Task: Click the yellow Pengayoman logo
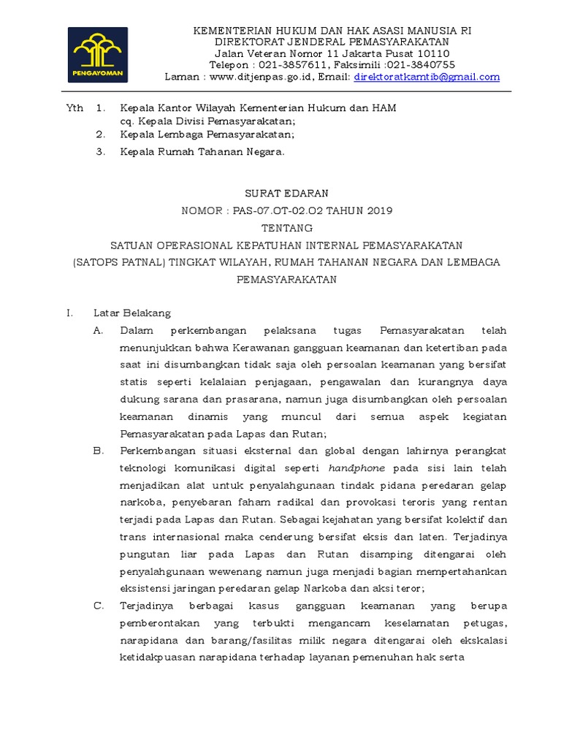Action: (98, 54)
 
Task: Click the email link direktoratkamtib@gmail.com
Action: (427, 76)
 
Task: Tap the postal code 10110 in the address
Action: (434, 54)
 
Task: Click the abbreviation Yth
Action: (75, 108)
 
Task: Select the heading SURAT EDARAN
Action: (286, 193)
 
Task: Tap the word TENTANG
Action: (286, 228)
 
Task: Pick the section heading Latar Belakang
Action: (132, 313)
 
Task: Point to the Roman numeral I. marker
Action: (70, 313)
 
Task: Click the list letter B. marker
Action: (99, 451)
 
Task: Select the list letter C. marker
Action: (99, 606)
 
